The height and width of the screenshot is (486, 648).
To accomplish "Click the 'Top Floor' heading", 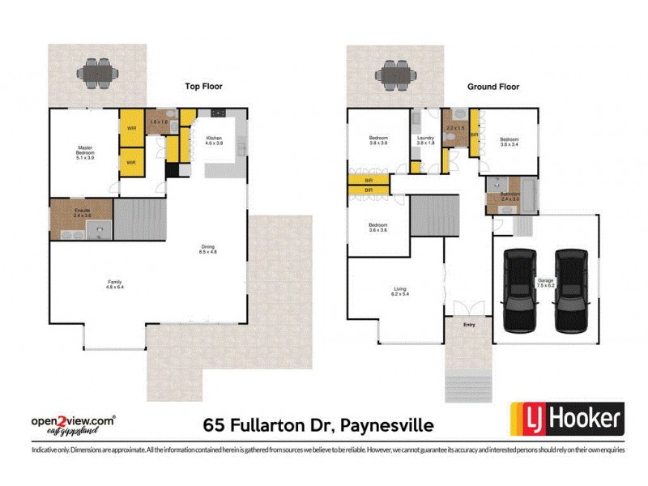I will pyautogui.click(x=203, y=86).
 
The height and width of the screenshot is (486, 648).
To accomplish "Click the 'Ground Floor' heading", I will pyautogui.click(x=492, y=86).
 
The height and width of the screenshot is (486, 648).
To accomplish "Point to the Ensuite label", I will pyautogui.click(x=82, y=213).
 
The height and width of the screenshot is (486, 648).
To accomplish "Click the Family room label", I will pyautogui.click(x=115, y=283).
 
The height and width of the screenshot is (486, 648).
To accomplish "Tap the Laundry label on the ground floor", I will pyautogui.click(x=426, y=140).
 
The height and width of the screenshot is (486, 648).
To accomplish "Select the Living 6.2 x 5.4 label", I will pyautogui.click(x=400, y=292).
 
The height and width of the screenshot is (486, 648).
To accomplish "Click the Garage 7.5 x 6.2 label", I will pyautogui.click(x=544, y=283).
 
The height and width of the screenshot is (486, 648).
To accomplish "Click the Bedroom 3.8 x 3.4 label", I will pyautogui.click(x=509, y=141).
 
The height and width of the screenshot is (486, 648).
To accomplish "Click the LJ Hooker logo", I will pyautogui.click(x=566, y=419).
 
